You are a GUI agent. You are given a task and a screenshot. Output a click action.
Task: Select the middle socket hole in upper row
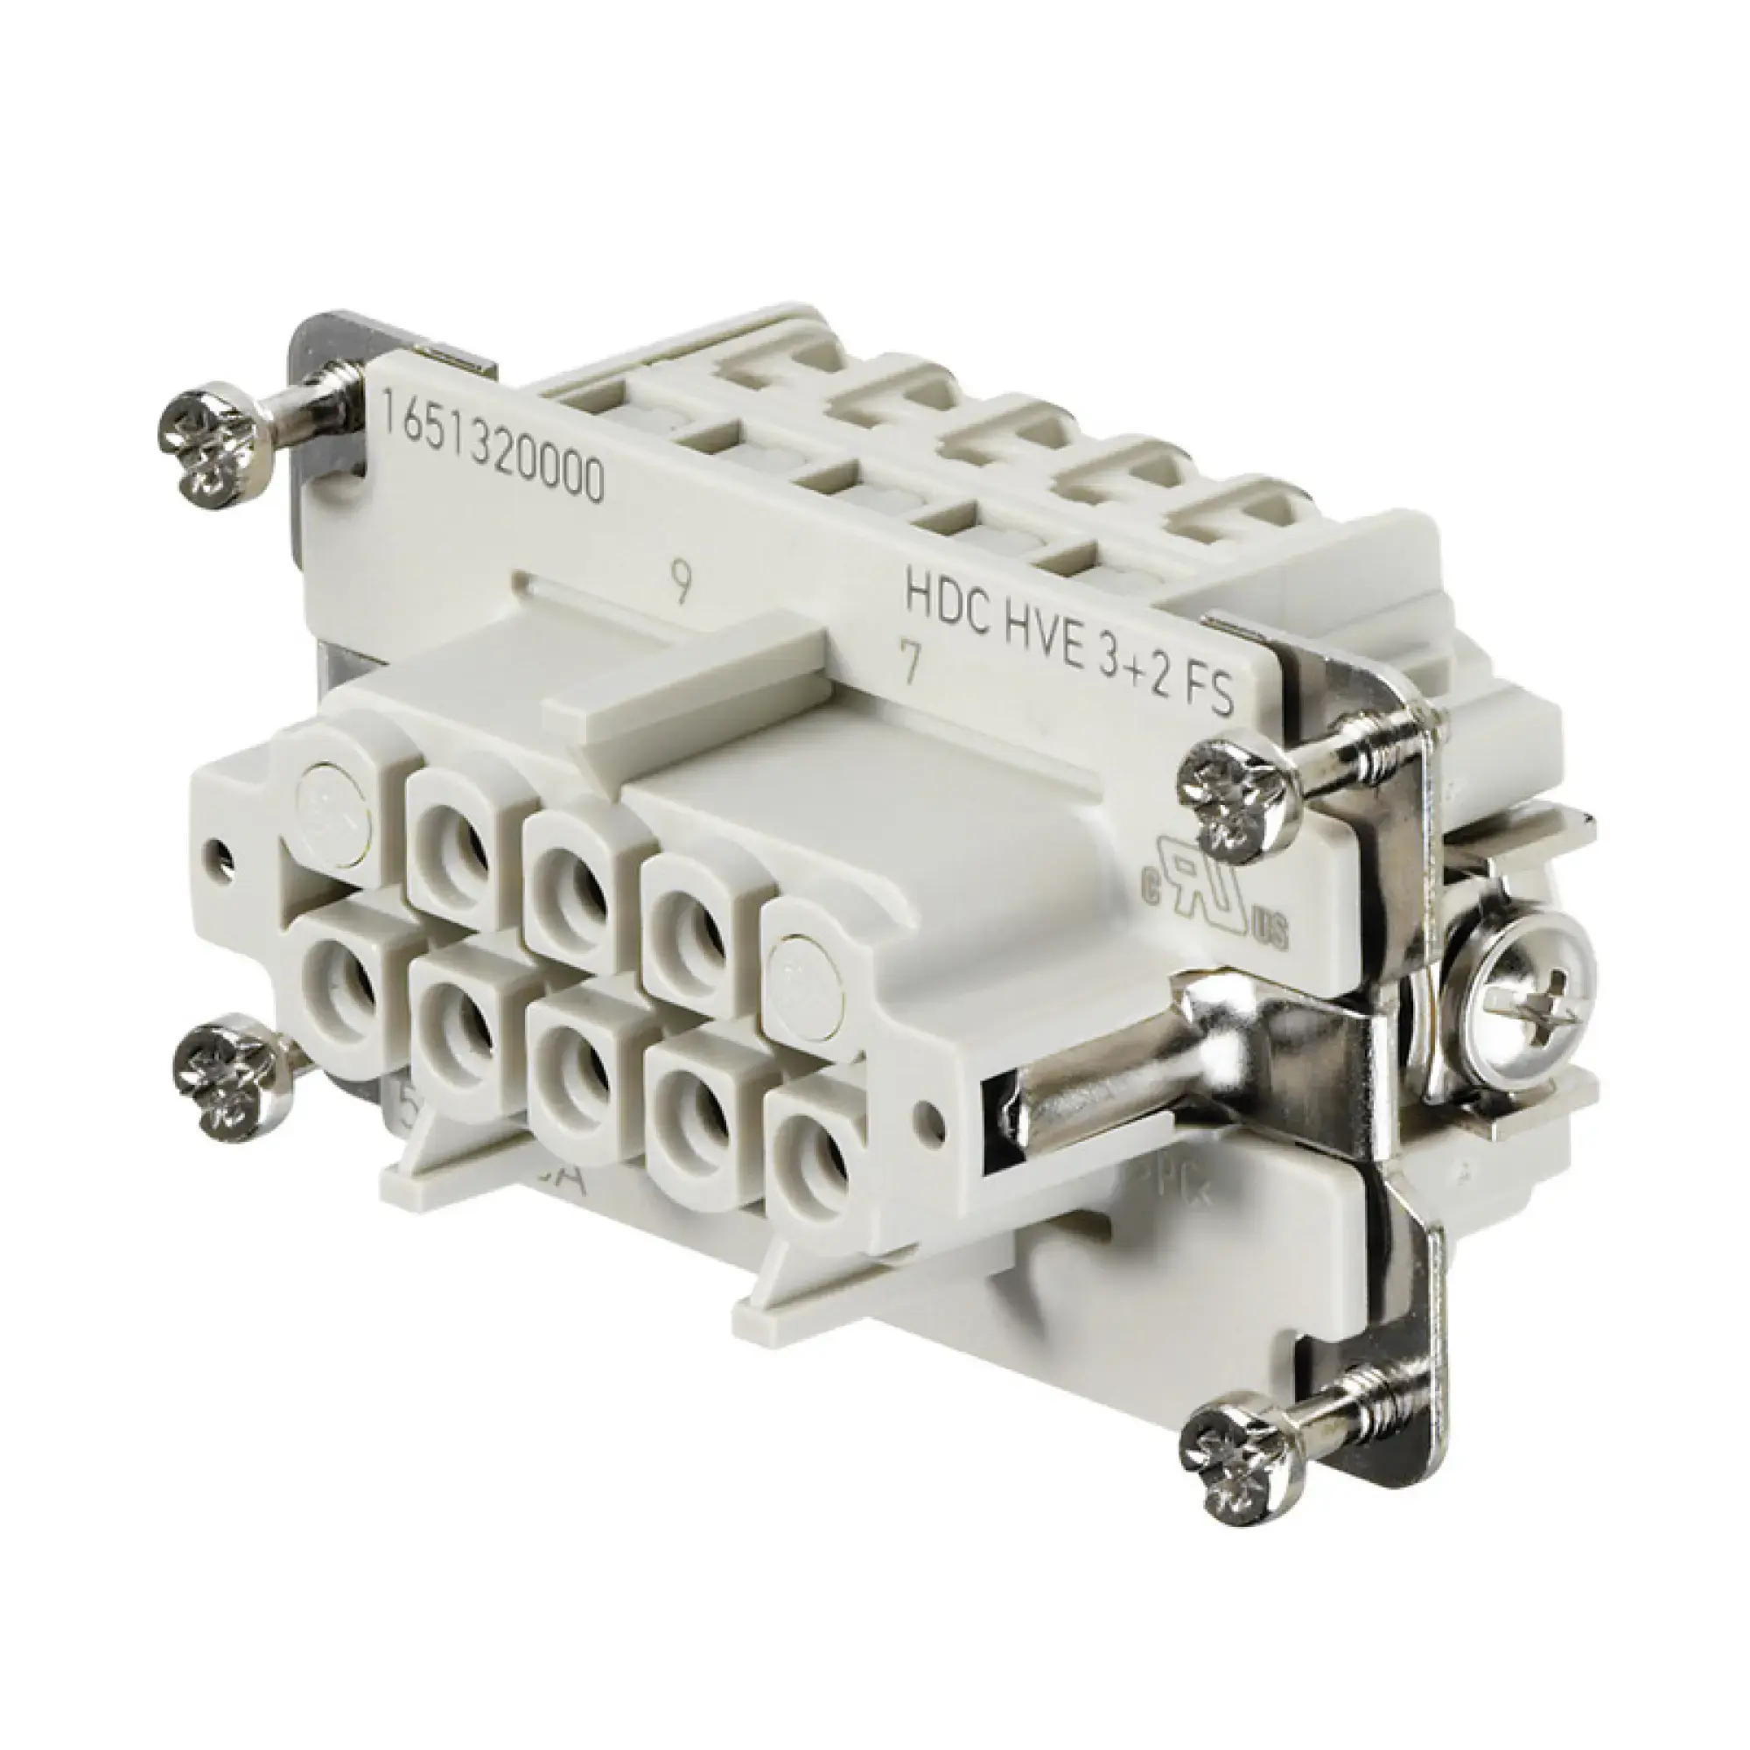pyautogui.click(x=569, y=883)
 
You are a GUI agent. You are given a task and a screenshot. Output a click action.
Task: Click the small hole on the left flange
pyautogui.click(x=221, y=852)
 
